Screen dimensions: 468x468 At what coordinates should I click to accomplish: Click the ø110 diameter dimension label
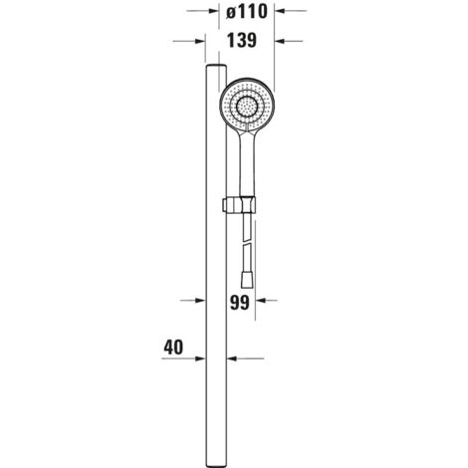[247, 12]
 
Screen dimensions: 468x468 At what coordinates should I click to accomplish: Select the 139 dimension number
[242, 41]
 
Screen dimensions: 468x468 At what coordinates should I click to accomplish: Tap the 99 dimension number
[239, 303]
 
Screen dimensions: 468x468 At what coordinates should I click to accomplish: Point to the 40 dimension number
[173, 348]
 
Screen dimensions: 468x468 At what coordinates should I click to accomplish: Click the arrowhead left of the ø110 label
[212, 11]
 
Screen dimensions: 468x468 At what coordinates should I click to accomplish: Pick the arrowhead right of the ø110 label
[281, 11]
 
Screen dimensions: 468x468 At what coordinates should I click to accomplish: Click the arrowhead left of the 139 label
[200, 41]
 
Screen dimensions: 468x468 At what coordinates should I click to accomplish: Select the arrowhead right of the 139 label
[281, 41]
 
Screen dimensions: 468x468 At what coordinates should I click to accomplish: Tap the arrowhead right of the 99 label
[261, 301]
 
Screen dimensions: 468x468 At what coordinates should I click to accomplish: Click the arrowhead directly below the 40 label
[200, 358]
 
